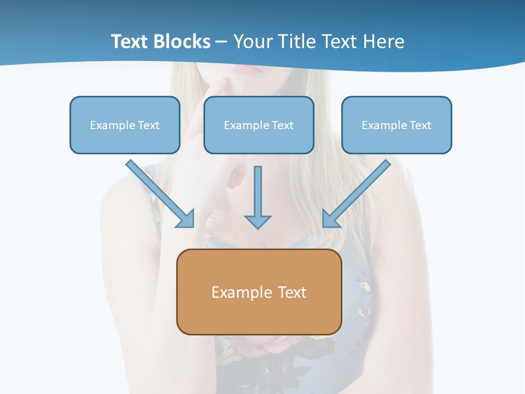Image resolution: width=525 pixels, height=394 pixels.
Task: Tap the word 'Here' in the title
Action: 385,42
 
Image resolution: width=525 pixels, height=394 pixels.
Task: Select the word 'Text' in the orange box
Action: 293,292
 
